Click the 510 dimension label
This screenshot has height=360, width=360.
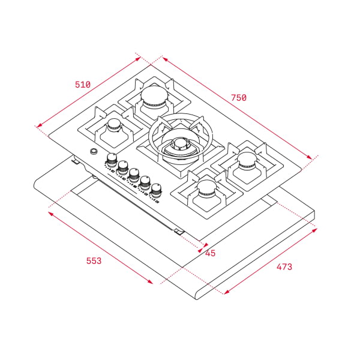pyautogui.click(x=82, y=85)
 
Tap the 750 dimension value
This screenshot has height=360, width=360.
pyautogui.click(x=238, y=97)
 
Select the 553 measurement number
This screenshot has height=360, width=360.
pyautogui.click(x=93, y=260)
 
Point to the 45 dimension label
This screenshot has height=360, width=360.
pyautogui.click(x=210, y=253)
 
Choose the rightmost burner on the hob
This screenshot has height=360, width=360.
pyautogui.click(x=247, y=161)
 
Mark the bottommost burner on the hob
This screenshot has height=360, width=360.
pyautogui.click(x=206, y=190)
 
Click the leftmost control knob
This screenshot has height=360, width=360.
pyautogui.click(x=112, y=159)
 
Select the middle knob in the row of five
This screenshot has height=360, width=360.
pyautogui.click(x=134, y=175)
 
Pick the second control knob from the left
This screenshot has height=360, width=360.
pyautogui.click(x=123, y=166)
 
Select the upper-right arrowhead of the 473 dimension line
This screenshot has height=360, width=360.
pyautogui.click(x=314, y=229)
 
